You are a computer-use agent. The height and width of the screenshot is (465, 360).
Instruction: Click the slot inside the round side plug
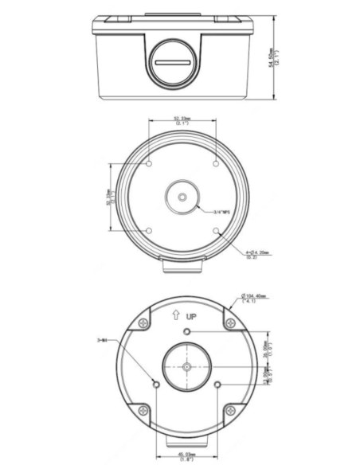(174, 61)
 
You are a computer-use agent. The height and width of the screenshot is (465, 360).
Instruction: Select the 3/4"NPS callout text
(222, 212)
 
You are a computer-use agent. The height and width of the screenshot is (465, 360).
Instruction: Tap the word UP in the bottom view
(190, 317)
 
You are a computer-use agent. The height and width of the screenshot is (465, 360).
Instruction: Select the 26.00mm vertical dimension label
(268, 349)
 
